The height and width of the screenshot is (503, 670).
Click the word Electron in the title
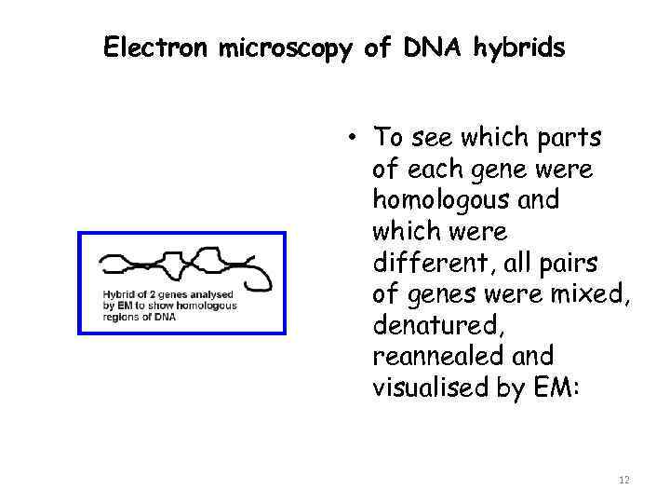(157, 48)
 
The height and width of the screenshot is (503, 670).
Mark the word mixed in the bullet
(593, 294)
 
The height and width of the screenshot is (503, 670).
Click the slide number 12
(623, 480)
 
